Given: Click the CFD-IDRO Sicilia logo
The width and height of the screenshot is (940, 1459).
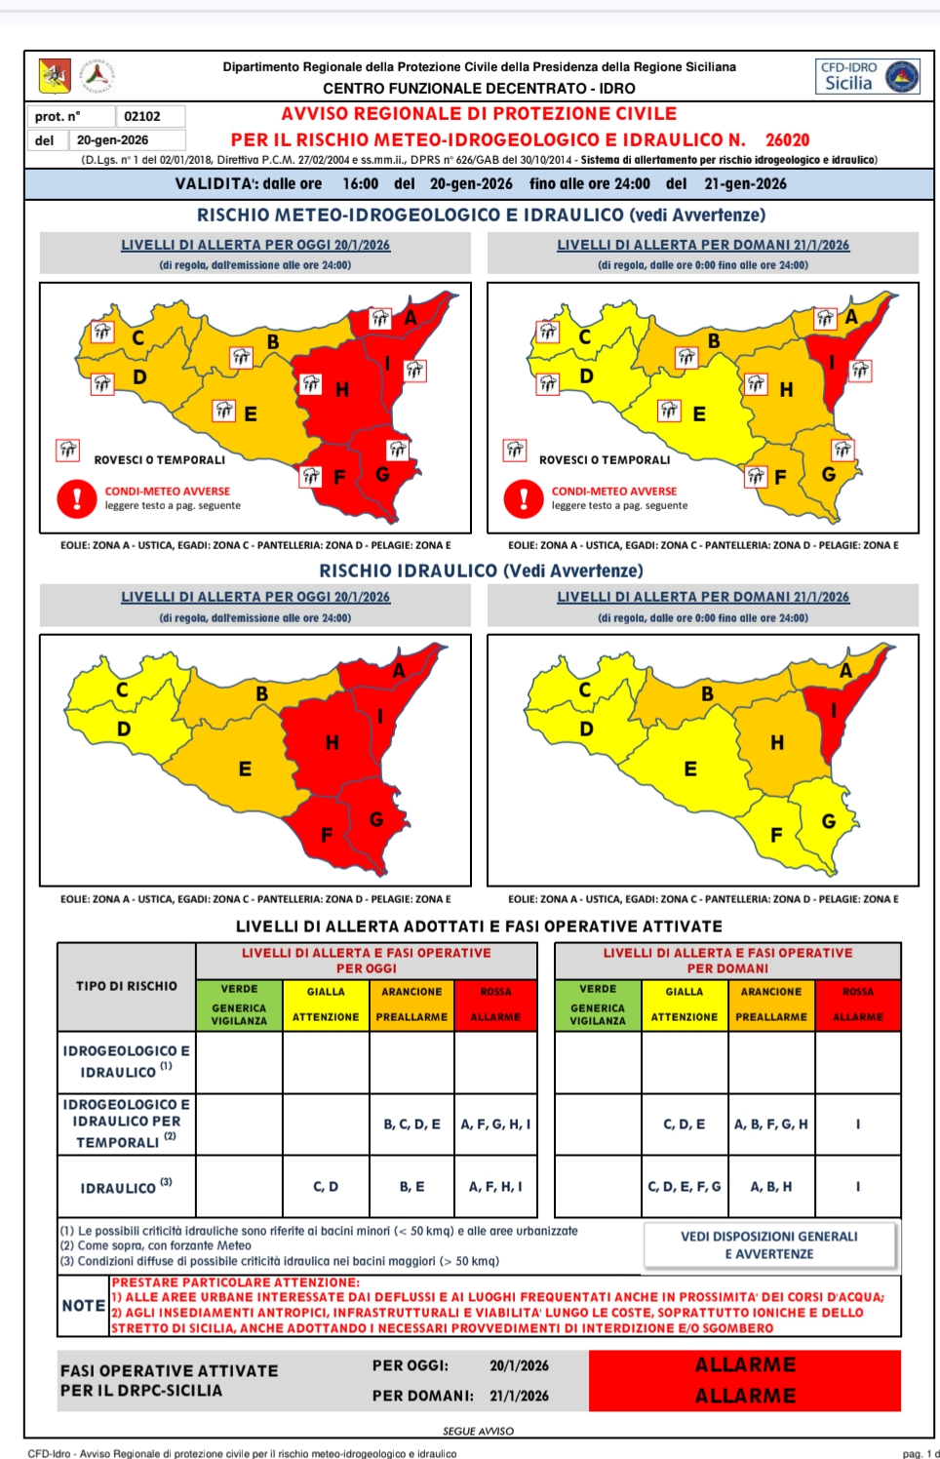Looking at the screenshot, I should point(867,76).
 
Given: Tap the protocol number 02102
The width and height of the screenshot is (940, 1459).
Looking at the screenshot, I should point(142,116).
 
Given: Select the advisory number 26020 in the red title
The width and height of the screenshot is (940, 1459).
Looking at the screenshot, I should point(787,139).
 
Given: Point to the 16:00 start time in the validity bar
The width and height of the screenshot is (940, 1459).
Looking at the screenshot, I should point(360,183).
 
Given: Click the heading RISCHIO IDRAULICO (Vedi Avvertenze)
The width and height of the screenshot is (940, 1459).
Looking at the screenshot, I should point(481,571).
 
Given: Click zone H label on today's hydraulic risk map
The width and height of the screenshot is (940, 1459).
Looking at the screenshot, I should point(332,743).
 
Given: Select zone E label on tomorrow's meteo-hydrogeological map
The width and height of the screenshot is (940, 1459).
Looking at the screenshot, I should point(698,414).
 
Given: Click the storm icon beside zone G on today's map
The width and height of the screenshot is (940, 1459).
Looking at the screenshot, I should point(397,450).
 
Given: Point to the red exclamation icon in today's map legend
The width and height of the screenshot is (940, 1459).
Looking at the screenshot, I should point(76,498).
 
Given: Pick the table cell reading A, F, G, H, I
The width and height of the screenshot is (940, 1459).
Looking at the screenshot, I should point(495,1124).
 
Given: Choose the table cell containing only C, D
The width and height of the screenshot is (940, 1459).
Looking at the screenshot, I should point(326,1187).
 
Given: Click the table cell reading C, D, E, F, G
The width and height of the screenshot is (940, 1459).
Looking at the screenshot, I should point(685,1187).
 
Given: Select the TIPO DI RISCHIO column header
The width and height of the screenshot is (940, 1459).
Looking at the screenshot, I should point(127,986).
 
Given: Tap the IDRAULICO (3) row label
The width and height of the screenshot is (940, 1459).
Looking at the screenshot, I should point(126,1187).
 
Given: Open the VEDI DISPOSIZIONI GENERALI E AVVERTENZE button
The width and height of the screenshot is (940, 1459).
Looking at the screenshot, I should point(768,1244).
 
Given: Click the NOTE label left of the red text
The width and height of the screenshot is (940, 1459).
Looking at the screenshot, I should point(83,1306).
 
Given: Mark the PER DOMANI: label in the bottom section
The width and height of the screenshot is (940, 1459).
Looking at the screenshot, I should point(422,1396).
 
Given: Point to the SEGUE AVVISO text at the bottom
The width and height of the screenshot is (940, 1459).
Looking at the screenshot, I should point(478,1431).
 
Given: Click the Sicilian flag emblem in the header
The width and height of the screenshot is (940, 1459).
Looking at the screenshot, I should point(55,75).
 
